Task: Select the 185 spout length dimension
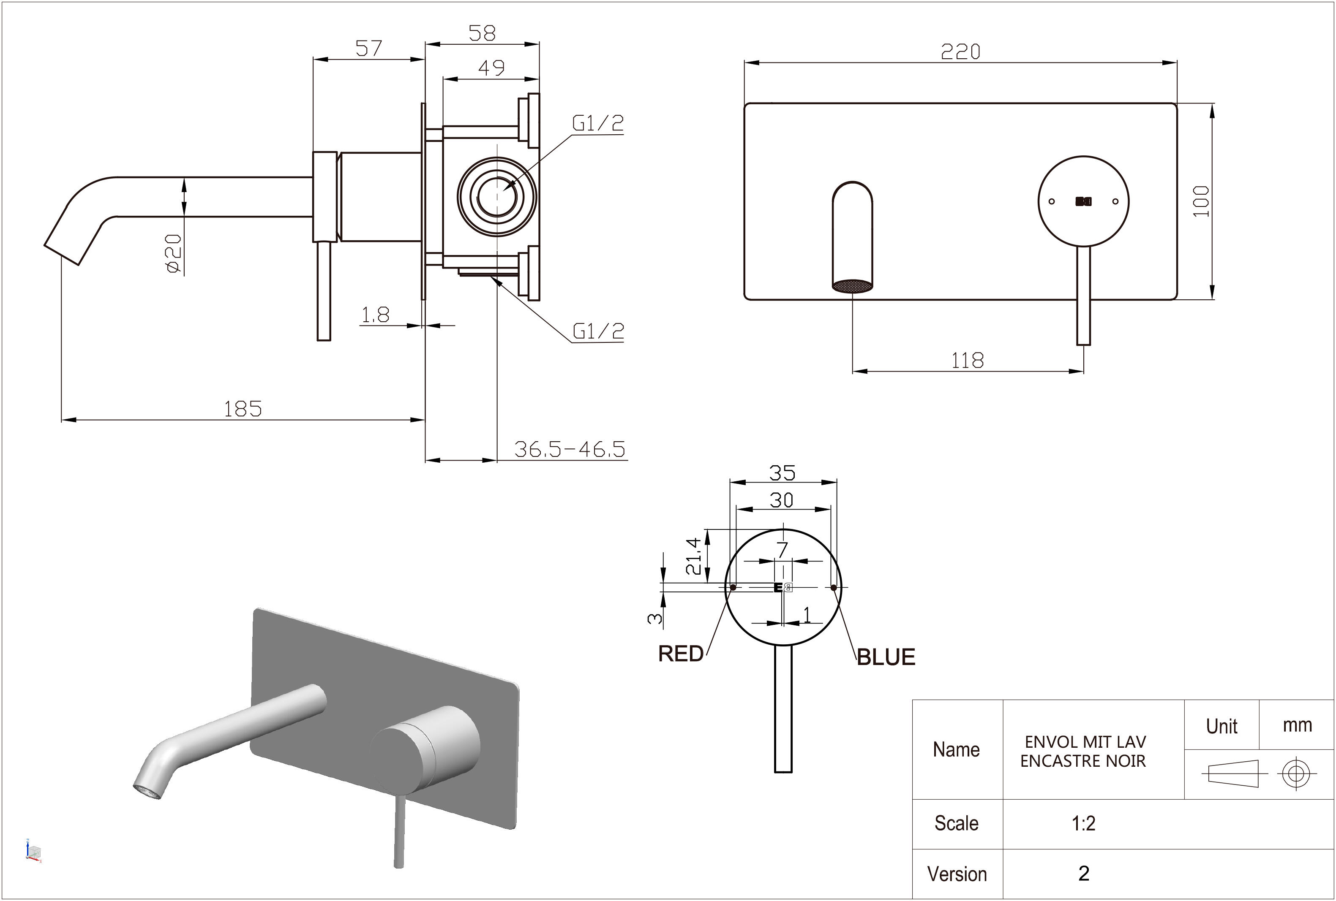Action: [243, 409]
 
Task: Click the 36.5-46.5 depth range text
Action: [569, 449]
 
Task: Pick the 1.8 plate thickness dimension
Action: [375, 315]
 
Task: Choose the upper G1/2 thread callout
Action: [598, 123]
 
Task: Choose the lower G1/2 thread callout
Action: [598, 331]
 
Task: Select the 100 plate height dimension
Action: [1201, 201]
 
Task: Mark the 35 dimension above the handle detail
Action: [783, 473]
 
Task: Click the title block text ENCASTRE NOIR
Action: [1083, 761]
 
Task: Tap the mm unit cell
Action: [1297, 725]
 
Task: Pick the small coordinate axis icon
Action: [34, 850]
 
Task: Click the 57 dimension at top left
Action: [368, 48]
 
